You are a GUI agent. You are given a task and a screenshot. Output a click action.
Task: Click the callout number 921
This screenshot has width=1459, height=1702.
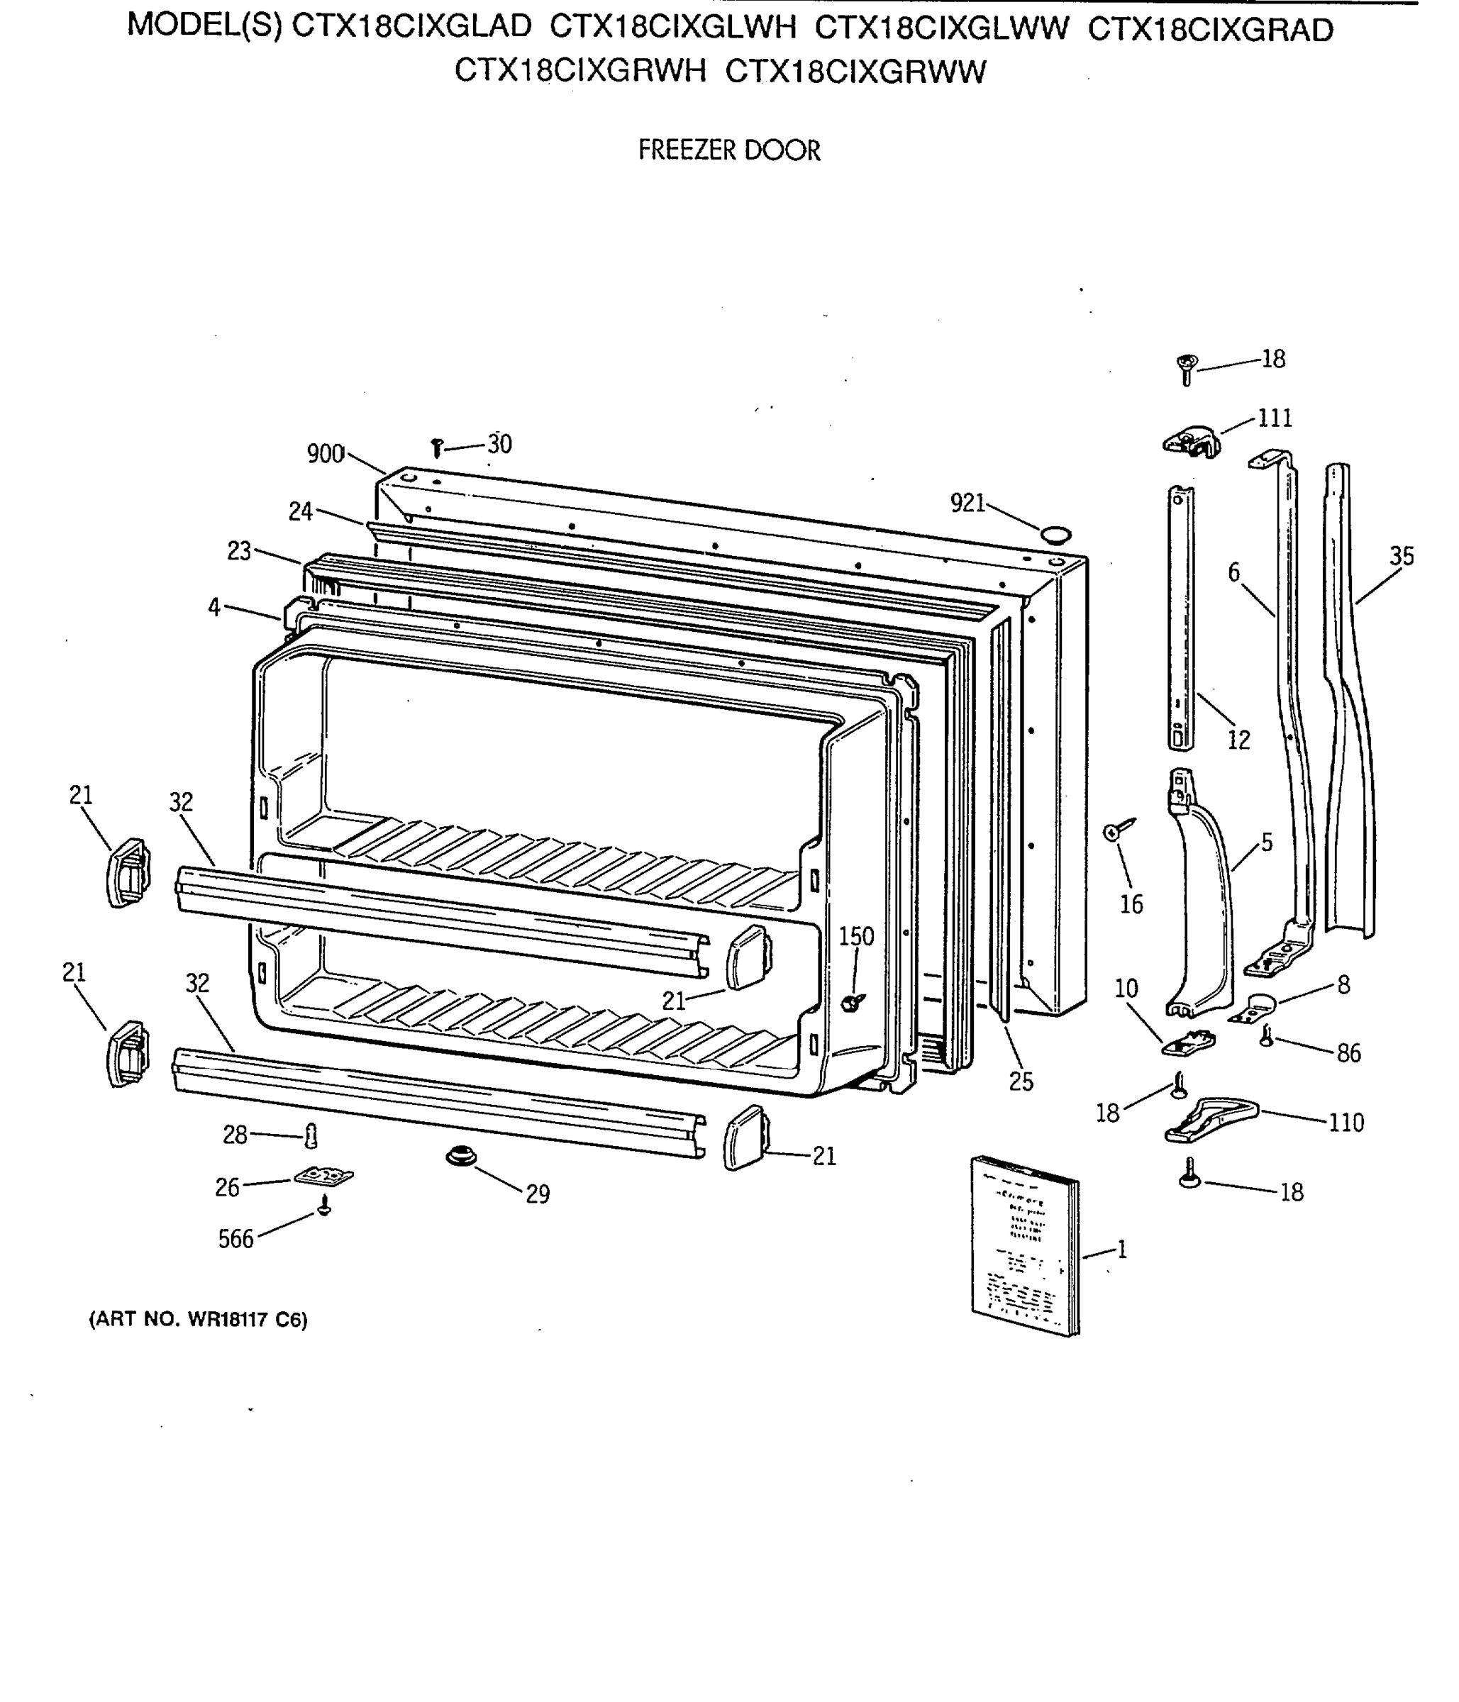[x=967, y=503]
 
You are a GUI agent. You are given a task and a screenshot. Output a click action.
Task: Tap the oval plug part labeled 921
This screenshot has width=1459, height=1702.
[x=1055, y=535]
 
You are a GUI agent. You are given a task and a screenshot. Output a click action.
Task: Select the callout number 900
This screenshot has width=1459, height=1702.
[x=326, y=453]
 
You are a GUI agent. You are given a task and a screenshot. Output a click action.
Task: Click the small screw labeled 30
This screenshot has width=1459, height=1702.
[x=437, y=447]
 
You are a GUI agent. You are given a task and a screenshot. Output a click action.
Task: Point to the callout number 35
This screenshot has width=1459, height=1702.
[x=1402, y=556]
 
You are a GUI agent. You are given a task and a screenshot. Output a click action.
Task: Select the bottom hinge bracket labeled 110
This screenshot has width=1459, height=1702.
[x=1211, y=1120]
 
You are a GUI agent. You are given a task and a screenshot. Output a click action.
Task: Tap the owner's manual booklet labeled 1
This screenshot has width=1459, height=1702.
[x=1024, y=1245]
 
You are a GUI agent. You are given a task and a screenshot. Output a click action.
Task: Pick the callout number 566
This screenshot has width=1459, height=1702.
[x=235, y=1239]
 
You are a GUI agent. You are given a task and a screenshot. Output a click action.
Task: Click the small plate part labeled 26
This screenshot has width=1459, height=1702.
[x=323, y=1177]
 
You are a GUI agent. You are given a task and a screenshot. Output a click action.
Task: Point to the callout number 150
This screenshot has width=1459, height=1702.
[x=856, y=936]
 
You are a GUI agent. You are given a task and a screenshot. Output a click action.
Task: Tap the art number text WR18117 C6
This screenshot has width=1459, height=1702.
[x=245, y=1320]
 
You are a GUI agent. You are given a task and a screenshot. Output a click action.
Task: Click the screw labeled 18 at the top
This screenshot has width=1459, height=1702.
[x=1186, y=368]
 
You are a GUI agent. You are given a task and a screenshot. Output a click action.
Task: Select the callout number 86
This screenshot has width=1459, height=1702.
[x=1348, y=1053]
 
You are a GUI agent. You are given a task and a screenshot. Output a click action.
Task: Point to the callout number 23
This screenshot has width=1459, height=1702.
[x=238, y=551]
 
